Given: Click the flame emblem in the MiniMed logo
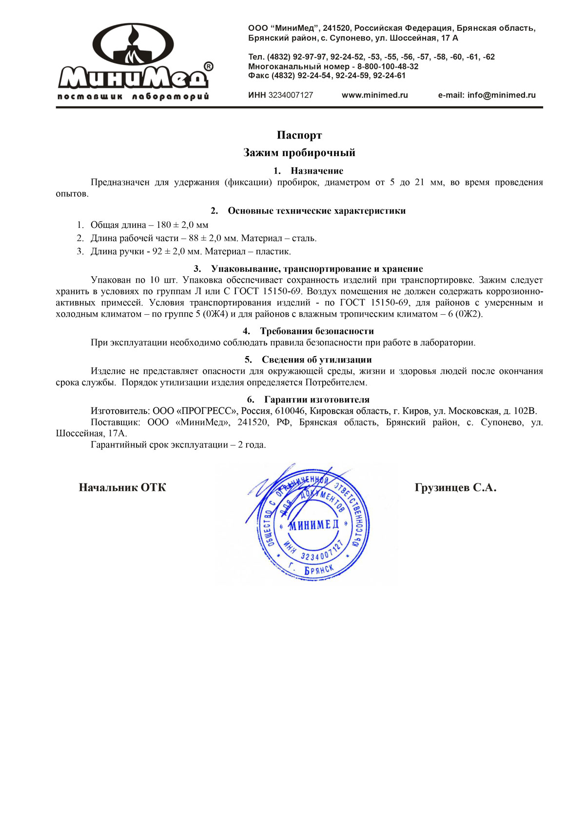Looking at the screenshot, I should (132, 46).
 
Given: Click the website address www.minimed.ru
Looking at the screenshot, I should (374, 95).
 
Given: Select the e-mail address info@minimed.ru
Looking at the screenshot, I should (501, 95).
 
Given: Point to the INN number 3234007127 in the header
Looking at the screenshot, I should (291, 95).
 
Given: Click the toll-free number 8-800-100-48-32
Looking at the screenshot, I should (388, 66).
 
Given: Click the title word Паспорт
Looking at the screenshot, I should (299, 135).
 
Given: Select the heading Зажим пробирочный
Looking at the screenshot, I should (299, 153).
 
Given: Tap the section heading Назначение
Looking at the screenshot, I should (317, 171).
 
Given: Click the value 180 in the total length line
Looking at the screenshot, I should (164, 225).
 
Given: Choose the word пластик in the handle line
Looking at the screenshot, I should (275, 252).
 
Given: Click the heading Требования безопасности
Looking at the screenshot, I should (317, 331).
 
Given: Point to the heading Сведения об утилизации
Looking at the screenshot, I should (317, 360).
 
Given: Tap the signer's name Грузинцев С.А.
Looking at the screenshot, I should (455, 487).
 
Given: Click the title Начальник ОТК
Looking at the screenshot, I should (122, 487).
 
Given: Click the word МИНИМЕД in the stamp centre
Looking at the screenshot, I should (313, 525).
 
